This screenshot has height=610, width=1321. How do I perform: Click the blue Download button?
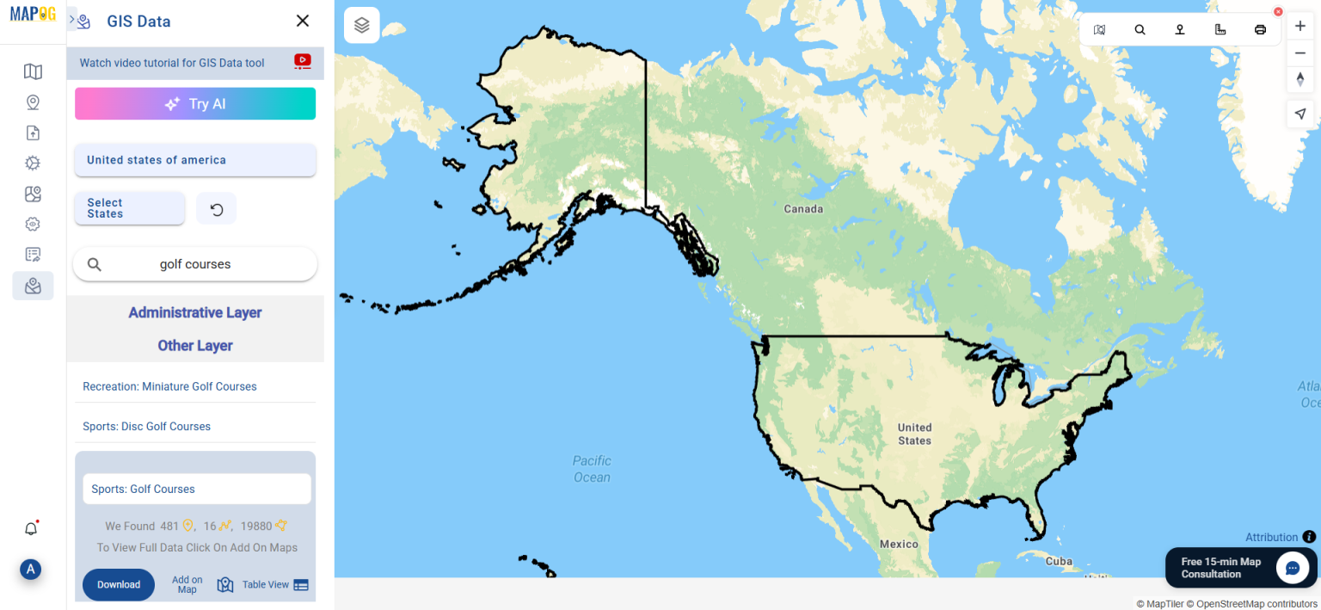[119, 584]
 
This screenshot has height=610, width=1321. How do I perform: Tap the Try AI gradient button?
[195, 103]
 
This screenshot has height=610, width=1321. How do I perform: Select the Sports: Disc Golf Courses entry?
[146, 426]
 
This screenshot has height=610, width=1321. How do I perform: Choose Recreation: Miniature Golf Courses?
[169, 386]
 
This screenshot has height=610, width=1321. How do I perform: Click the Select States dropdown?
[130, 208]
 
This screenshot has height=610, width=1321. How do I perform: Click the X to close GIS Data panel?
[303, 21]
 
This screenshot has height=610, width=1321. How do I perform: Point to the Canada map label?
[803, 209]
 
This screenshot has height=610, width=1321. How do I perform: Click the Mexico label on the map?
[899, 544]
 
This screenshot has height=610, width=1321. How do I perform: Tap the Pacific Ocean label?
[592, 469]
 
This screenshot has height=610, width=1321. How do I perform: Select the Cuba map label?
[1059, 561]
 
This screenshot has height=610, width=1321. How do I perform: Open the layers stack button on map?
[362, 25]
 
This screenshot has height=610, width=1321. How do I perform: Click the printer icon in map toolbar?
[1260, 29]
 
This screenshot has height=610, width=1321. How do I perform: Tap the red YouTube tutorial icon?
[303, 61]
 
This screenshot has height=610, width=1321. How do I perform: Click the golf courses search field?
[195, 264]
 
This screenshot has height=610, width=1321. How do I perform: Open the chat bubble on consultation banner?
[1292, 568]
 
